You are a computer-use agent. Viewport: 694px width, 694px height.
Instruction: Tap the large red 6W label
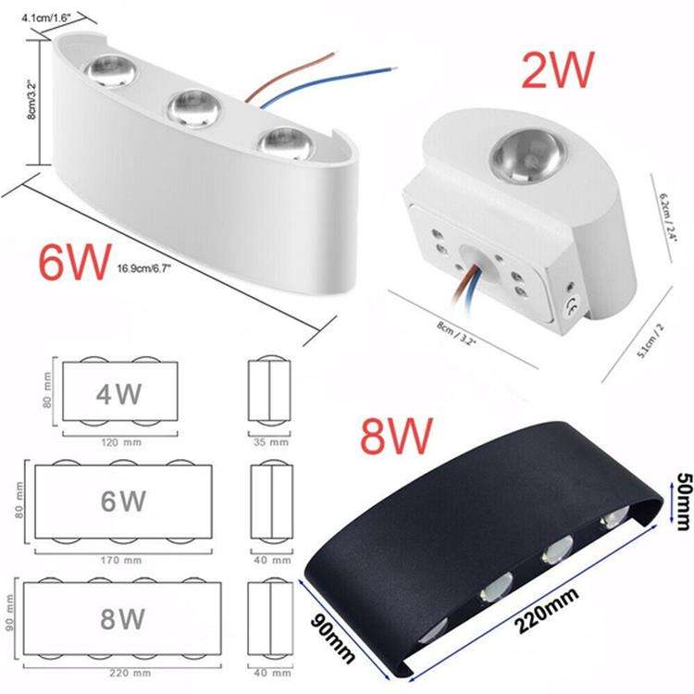(73, 263)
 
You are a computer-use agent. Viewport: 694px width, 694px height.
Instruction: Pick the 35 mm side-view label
(271, 440)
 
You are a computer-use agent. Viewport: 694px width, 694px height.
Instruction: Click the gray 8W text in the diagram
(122, 618)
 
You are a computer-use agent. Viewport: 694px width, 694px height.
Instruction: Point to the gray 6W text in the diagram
(122, 502)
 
